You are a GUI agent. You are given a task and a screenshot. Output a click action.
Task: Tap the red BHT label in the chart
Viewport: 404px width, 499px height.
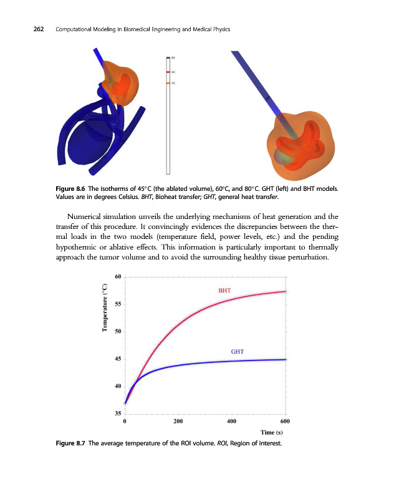coord(225,290)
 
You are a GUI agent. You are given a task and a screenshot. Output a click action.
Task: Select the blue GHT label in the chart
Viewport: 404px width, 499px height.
coord(237,352)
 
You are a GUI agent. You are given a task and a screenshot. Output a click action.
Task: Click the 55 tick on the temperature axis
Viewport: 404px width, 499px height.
coord(118,304)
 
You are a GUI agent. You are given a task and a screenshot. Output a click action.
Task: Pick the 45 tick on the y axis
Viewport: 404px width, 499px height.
coord(118,359)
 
